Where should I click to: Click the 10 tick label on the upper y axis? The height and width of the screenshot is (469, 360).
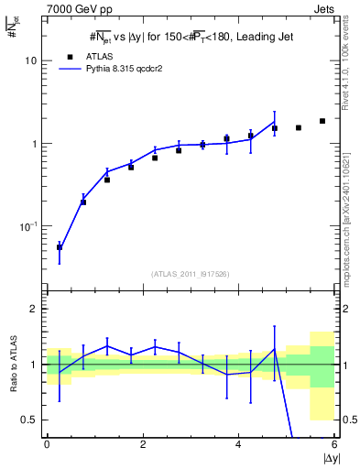click(x=32, y=60)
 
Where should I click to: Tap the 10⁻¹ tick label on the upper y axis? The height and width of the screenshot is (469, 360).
click(x=29, y=226)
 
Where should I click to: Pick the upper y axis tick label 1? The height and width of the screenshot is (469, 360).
click(x=35, y=144)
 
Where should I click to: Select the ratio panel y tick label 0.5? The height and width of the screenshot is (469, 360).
click(x=30, y=420)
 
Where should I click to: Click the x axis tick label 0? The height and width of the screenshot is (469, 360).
click(x=47, y=444)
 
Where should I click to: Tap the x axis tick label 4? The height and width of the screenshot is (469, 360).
click(x=239, y=444)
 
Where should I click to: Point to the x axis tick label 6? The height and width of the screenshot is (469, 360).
click(x=334, y=444)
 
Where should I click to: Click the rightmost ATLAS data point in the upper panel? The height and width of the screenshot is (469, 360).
click(x=322, y=121)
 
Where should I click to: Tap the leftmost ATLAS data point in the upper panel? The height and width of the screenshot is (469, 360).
click(x=60, y=247)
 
